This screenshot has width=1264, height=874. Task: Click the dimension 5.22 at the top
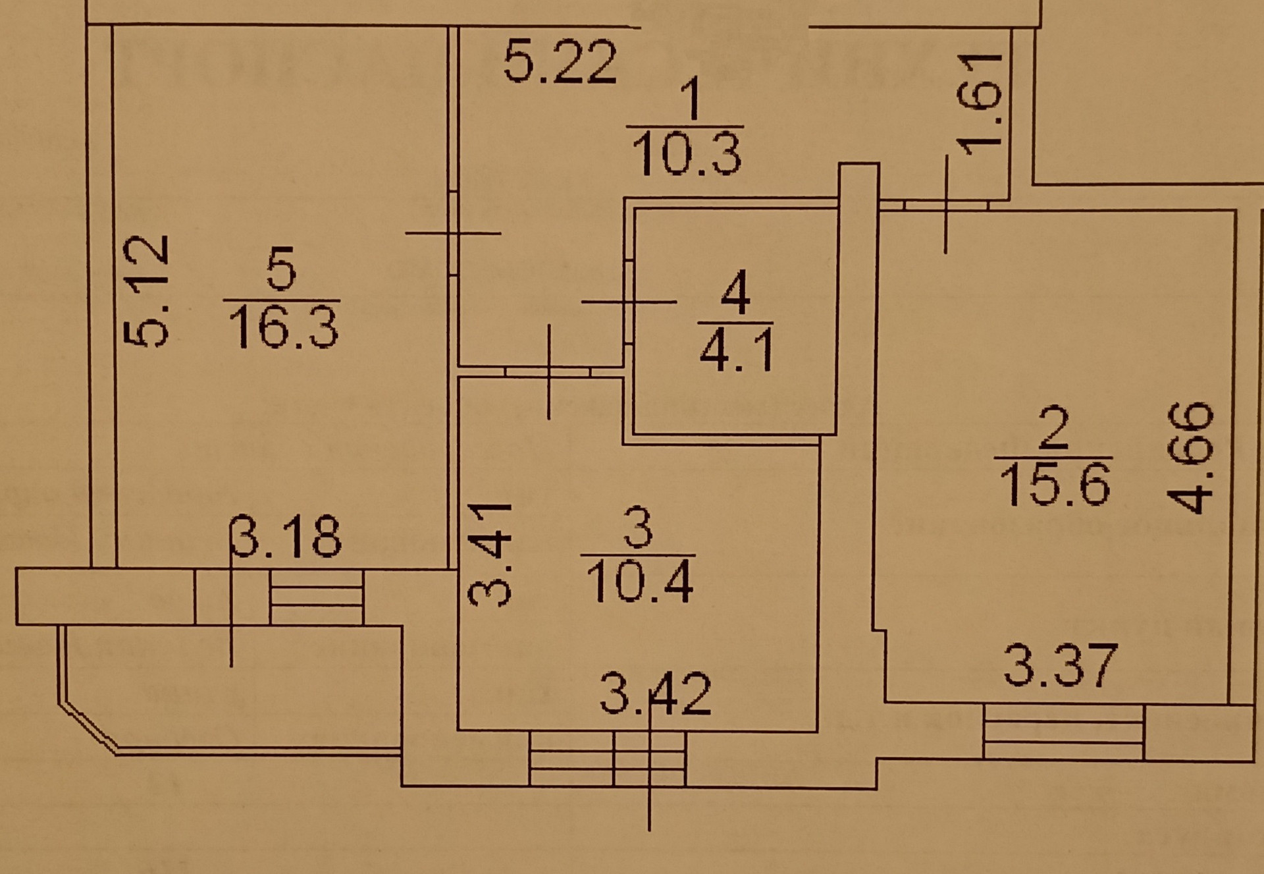(560, 62)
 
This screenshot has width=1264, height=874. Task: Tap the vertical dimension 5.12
(147, 290)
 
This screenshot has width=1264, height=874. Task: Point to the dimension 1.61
(980, 103)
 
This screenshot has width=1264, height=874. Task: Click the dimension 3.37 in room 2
(1061, 666)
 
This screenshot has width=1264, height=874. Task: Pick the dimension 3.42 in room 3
(656, 694)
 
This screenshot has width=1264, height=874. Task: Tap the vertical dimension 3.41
(490, 554)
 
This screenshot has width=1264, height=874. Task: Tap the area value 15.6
(1054, 483)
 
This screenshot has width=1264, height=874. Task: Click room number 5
(282, 270)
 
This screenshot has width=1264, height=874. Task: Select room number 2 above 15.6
(1055, 428)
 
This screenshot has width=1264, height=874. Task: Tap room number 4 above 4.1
(735, 295)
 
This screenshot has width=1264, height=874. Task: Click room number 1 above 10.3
(689, 98)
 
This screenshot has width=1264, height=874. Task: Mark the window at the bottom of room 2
(1064, 732)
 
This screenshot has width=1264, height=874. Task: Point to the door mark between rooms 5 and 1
(453, 232)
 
